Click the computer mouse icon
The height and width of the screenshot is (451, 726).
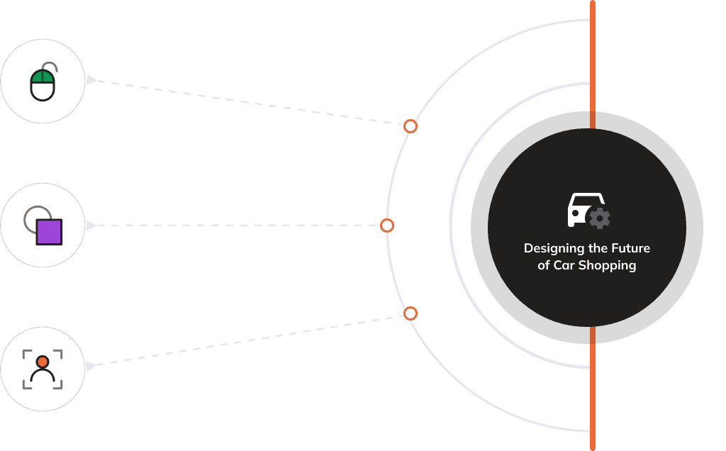(43, 82)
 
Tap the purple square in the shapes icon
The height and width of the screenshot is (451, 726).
(50, 232)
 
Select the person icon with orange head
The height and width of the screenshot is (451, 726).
(43, 369)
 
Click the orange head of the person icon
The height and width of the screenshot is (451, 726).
(43, 362)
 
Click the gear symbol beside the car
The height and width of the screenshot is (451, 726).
(601, 218)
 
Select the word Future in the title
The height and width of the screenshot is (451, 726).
(631, 248)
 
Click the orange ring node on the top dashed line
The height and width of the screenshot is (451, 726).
(411, 126)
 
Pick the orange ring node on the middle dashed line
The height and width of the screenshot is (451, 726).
(387, 225)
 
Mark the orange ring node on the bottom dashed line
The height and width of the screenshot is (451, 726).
(411, 313)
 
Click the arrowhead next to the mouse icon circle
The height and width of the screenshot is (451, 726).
(90, 79)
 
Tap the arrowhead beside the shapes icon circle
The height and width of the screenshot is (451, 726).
(90, 225)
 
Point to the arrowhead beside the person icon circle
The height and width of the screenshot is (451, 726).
(90, 367)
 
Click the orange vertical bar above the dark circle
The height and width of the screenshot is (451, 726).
(592, 64)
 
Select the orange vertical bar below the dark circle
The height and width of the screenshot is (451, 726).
(592, 389)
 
